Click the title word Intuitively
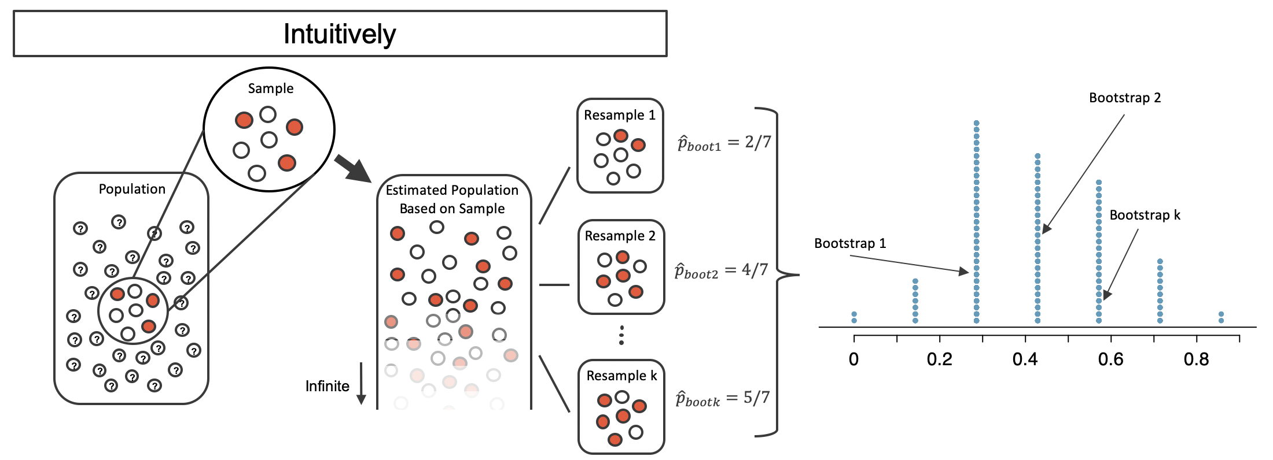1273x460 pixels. pos(340,34)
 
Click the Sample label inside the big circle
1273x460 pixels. pos(271,88)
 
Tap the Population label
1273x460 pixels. pos(132,189)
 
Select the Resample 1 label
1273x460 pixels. pos(620,115)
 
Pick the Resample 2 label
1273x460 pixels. pos(620,236)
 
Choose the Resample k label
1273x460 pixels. pos(622,376)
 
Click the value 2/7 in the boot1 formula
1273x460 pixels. pos(758,142)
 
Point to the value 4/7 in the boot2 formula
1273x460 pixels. pos(755,269)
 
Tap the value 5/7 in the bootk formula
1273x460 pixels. pos(757,397)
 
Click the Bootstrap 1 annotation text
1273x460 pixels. pos(850,243)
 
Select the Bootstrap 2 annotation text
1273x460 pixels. pos(1125,98)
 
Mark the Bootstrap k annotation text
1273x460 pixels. pos(1145,215)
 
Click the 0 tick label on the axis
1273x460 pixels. pos(854,359)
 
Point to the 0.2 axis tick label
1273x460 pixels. pos(940,359)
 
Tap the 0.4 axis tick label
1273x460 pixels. pos(1025,359)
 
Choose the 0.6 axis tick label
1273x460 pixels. pos(1110,359)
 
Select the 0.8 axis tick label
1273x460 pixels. pos(1196,359)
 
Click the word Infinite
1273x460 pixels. pos(328,386)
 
